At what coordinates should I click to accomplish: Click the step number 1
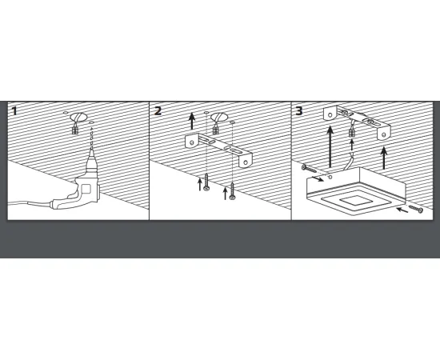[14, 110]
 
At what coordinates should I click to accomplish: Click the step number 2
[158, 110]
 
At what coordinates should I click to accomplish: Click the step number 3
[299, 110]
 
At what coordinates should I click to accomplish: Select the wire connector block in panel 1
[75, 130]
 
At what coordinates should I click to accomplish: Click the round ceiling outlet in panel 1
[78, 117]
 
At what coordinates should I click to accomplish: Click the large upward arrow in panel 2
[192, 121]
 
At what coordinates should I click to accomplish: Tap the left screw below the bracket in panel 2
[206, 182]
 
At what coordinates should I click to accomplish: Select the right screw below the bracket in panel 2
[232, 191]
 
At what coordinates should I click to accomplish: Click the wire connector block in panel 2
[215, 130]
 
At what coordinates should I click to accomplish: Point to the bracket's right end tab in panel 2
[246, 160]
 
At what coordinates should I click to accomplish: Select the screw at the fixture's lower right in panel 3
[416, 209]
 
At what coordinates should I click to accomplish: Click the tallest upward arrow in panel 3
[330, 146]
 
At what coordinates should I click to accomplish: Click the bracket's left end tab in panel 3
[330, 114]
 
